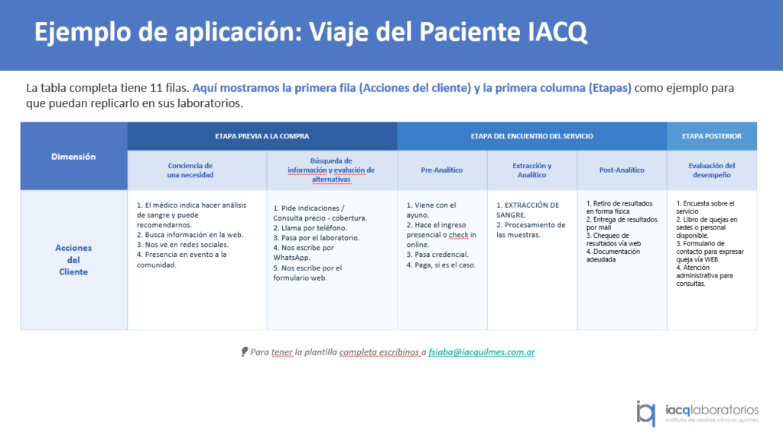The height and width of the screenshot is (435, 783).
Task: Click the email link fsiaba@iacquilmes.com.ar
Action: tap(482, 352)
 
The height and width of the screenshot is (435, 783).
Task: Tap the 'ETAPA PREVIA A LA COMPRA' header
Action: tap(262, 136)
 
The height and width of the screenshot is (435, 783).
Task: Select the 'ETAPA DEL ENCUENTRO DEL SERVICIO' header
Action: tap(532, 136)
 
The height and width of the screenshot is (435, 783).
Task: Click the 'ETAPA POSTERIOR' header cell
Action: tap(712, 136)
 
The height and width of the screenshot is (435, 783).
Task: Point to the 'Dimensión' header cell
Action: tap(73, 156)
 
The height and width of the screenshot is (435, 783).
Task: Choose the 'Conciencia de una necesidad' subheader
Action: tap(190, 170)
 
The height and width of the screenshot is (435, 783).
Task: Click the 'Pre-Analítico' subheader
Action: tap(442, 170)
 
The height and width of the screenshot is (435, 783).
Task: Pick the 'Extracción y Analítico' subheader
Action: tap(532, 170)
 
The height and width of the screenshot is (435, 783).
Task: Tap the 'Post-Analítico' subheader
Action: tap(622, 170)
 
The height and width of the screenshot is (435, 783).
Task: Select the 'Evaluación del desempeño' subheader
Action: tap(712, 170)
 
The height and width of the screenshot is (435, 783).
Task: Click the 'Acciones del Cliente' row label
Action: tap(73, 260)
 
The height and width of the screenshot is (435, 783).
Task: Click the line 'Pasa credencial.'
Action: tap(437, 255)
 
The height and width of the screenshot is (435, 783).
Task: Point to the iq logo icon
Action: tap(645, 414)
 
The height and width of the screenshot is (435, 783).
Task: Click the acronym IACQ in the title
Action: tap(557, 32)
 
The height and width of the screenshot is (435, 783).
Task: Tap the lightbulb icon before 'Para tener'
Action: tap(244, 352)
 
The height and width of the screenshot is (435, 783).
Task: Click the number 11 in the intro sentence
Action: tap(156, 88)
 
